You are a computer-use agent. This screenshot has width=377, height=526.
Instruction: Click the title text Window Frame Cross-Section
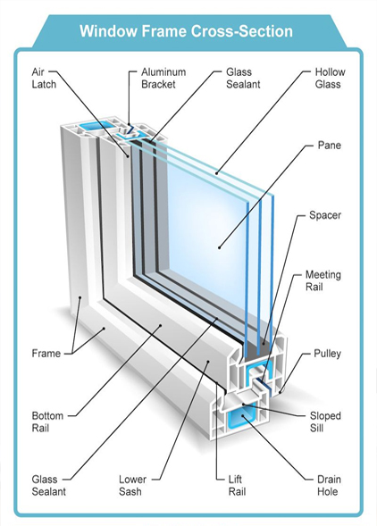pos(187,31)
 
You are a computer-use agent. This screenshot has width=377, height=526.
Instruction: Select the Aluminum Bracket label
pos(163,78)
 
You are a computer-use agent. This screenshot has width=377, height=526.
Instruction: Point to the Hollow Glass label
pos(330,78)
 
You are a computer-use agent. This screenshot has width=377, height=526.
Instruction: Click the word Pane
pos(330,146)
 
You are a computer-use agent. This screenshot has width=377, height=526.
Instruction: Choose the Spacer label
pos(325,215)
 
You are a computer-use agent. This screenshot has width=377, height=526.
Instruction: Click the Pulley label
pos(327,354)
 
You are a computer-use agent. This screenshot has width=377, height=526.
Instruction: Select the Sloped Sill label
pos(325,422)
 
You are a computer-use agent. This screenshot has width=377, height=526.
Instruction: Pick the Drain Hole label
pos(329,486)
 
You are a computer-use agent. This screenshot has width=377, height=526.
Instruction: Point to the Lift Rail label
pos(237,486)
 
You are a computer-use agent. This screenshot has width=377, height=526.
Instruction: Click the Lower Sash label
pos(132,486)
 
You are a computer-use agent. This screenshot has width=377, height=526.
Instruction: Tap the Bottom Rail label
pos(47,422)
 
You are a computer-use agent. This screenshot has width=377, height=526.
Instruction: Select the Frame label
pos(46,354)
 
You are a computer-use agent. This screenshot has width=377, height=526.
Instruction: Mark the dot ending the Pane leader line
pos(219,247)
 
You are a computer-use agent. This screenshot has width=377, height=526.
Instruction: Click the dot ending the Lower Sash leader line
pos(208,362)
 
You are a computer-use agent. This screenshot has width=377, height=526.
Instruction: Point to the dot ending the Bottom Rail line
pos(161,325)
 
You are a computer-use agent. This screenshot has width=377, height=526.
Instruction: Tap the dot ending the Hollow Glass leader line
pos(217,173)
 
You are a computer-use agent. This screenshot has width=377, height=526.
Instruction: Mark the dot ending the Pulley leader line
pos(281,391)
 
